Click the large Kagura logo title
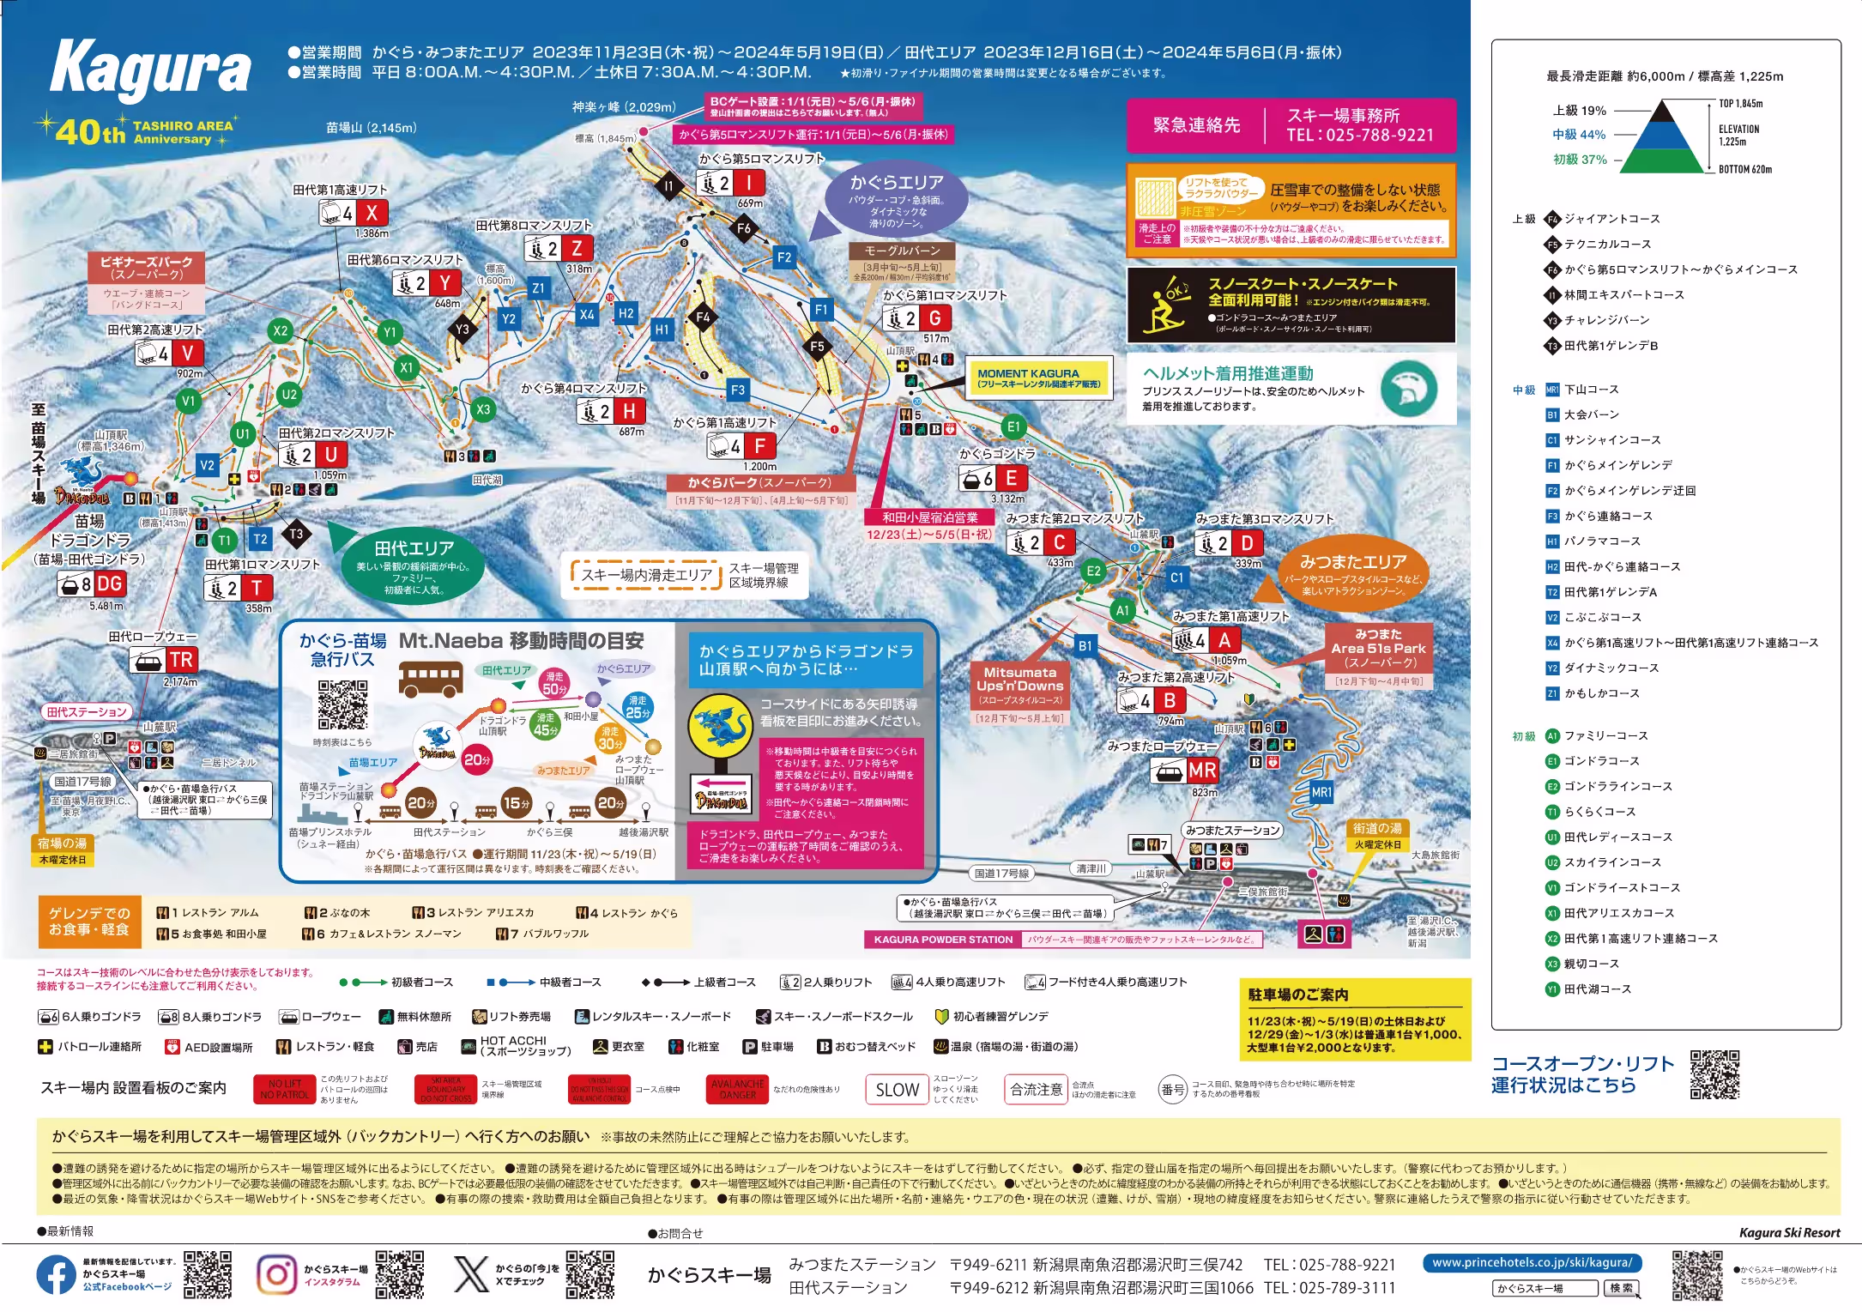coord(151,69)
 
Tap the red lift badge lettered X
coord(372,213)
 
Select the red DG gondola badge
coord(109,584)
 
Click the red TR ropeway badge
coord(181,660)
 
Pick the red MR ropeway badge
coord(1202,771)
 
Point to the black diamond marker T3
coord(296,534)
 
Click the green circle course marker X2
coord(281,330)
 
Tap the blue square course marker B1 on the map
coord(1085,646)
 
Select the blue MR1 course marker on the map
coord(1321,792)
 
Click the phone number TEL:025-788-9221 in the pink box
coord(1360,135)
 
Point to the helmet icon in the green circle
coord(1409,389)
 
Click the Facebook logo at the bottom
coord(56,1275)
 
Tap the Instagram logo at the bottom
coord(276,1274)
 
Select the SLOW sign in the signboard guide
coord(897,1090)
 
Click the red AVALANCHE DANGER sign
coord(738,1090)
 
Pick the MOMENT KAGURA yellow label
coord(1038,378)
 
